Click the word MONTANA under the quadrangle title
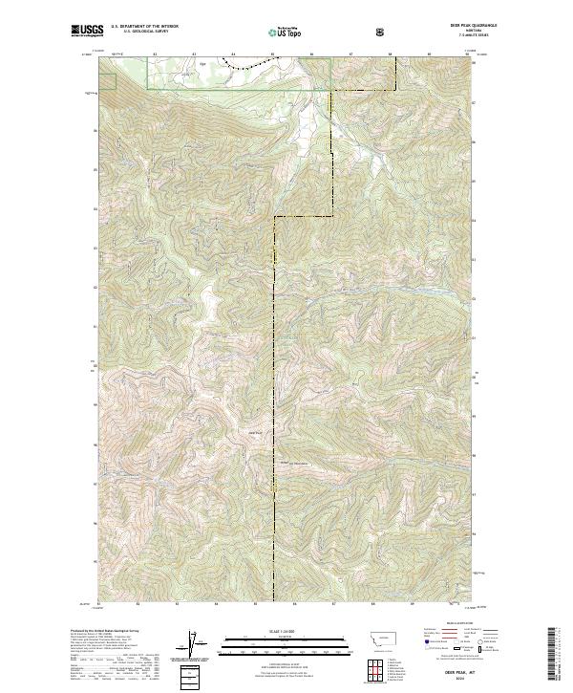(437, 32)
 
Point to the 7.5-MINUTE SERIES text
(437, 37)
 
